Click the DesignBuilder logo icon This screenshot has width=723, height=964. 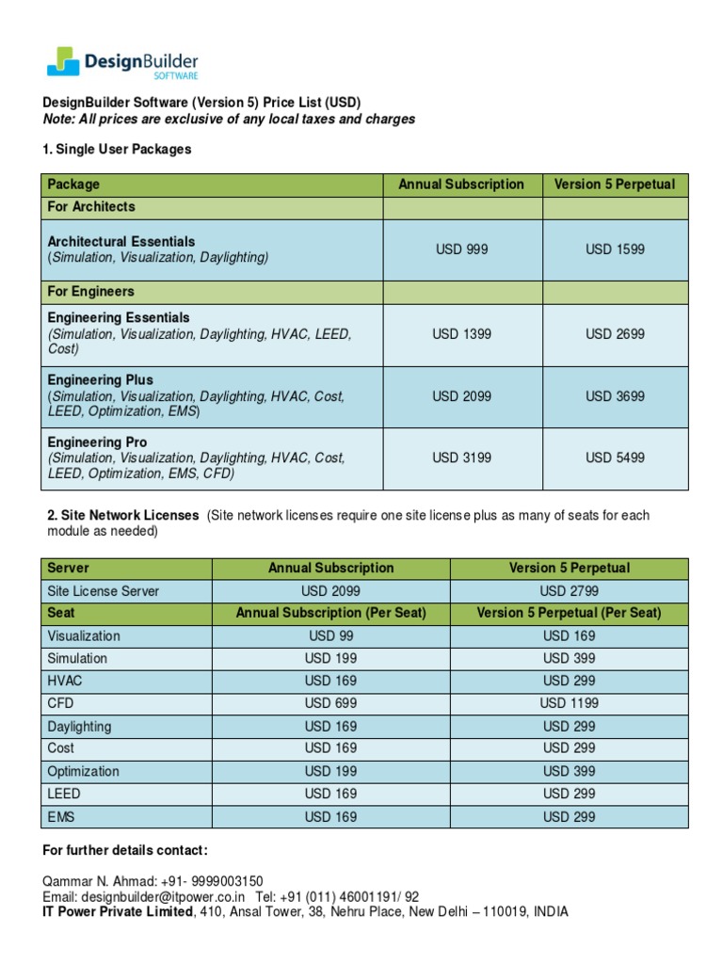click(64, 61)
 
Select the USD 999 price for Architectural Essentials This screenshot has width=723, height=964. click(461, 249)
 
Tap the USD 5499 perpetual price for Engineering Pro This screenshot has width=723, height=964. click(615, 458)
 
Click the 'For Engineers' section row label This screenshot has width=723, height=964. click(91, 292)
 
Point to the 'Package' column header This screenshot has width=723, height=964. click(73, 185)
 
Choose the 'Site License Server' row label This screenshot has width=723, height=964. click(104, 591)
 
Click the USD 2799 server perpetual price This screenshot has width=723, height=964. click(569, 591)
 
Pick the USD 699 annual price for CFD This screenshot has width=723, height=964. click(330, 703)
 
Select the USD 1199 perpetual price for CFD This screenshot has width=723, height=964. click(569, 703)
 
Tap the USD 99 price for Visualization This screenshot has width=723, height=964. click(330, 635)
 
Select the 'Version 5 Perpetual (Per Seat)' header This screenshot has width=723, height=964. click(569, 613)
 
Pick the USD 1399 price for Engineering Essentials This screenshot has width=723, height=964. click(461, 334)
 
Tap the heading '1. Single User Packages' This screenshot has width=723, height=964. click(118, 150)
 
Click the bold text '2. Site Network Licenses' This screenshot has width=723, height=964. click(123, 516)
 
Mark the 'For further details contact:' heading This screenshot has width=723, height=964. click(126, 850)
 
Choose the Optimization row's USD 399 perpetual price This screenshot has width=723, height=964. click(569, 771)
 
